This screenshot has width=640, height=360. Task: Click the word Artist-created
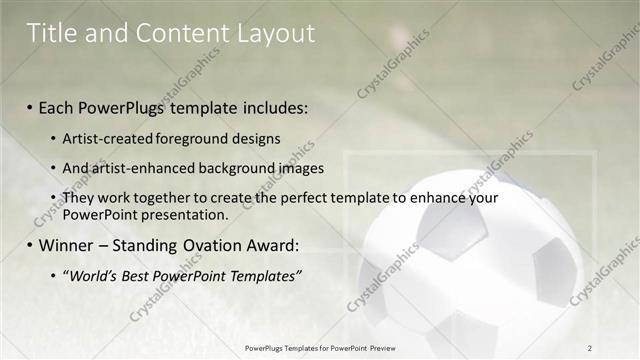click(x=108, y=139)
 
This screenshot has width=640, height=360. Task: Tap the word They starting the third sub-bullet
click(x=79, y=198)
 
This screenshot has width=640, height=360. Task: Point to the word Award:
click(x=272, y=245)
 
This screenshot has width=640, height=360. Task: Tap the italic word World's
click(x=96, y=275)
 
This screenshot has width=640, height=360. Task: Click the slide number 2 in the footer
click(x=590, y=348)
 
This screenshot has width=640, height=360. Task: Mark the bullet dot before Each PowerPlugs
click(x=30, y=108)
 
